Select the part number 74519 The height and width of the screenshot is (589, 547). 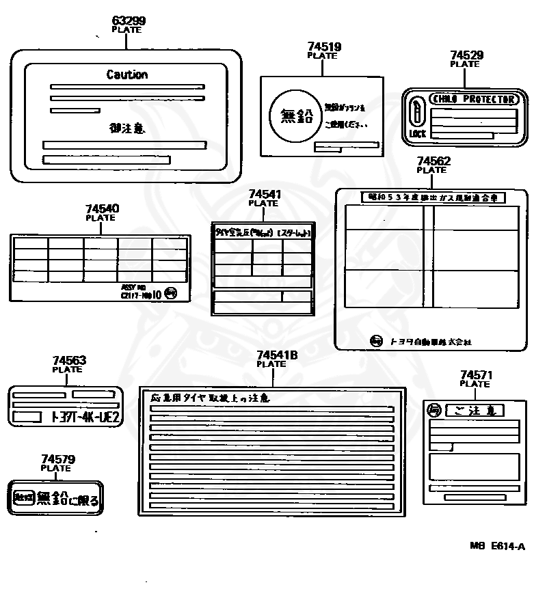pyautogui.click(x=324, y=46)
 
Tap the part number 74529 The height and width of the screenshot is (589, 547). pyautogui.click(x=467, y=55)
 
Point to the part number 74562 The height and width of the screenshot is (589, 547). pyautogui.click(x=433, y=161)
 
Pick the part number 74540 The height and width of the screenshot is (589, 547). pyautogui.click(x=102, y=208)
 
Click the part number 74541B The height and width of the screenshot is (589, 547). pyautogui.click(x=277, y=355)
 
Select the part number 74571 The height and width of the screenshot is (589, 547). pyautogui.click(x=477, y=375)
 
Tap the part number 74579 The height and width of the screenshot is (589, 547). pyautogui.click(x=58, y=459)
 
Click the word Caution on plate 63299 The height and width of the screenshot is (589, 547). pyautogui.click(x=126, y=74)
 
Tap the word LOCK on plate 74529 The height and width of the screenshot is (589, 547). pyautogui.click(x=417, y=134)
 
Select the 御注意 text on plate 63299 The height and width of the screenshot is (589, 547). pyautogui.click(x=126, y=127)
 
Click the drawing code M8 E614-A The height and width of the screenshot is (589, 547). pyautogui.click(x=497, y=546)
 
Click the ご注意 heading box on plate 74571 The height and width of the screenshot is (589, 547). pyautogui.click(x=474, y=411)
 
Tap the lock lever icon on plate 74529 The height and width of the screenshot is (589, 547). pyautogui.click(x=416, y=111)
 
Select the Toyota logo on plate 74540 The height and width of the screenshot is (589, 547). pyautogui.click(x=171, y=294)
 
